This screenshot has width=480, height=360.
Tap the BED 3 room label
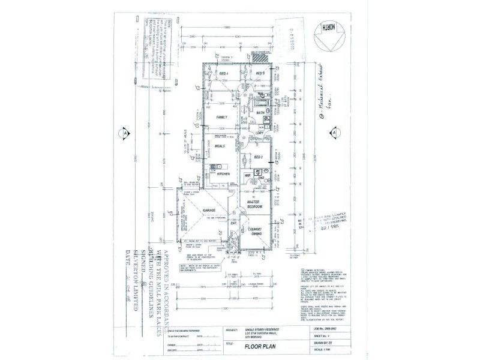click(261, 73)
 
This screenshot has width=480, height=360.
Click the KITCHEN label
click(224, 173)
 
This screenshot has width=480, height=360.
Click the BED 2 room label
click(259, 157)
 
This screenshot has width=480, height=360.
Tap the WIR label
click(247, 176)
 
